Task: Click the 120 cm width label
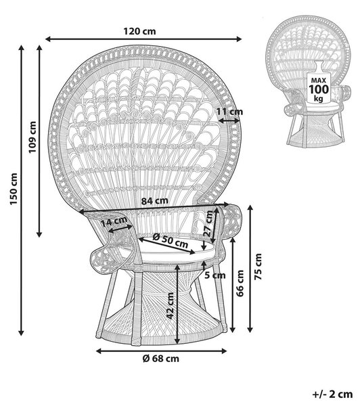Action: (139, 31)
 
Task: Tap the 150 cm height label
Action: (14, 189)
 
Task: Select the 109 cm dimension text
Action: (32, 137)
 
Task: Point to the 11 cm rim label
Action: (229, 112)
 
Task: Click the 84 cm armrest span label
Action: (154, 201)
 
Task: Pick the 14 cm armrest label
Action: (114, 222)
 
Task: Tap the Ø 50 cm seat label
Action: (170, 240)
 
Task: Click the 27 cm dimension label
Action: (208, 224)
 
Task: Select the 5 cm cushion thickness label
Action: (215, 275)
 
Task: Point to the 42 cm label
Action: (170, 306)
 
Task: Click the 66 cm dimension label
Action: (240, 284)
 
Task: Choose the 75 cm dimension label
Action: (258, 267)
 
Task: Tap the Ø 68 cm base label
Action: (161, 359)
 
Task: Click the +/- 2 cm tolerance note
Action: (332, 394)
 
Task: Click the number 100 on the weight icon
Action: (319, 89)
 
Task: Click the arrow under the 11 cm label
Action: (229, 120)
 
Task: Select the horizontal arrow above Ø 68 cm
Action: (161, 351)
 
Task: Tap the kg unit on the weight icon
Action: (319, 98)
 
